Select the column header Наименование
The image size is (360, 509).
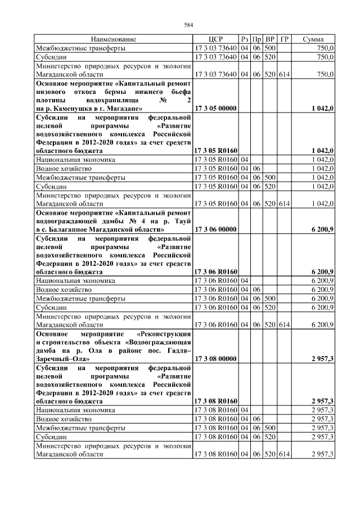(x=114, y=39)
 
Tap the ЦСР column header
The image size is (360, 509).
(x=215, y=39)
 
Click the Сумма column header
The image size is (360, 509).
(x=313, y=39)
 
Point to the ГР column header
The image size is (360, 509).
(x=285, y=39)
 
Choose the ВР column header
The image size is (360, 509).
(x=270, y=39)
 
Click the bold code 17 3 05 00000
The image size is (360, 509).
(x=215, y=108)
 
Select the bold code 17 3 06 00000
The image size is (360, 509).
(x=215, y=229)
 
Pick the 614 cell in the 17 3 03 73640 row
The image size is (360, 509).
(x=285, y=74)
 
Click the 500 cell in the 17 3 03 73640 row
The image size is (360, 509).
(x=270, y=48)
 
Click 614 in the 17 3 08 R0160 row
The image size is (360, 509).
(x=285, y=454)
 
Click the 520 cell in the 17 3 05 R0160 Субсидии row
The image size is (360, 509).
(x=270, y=186)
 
